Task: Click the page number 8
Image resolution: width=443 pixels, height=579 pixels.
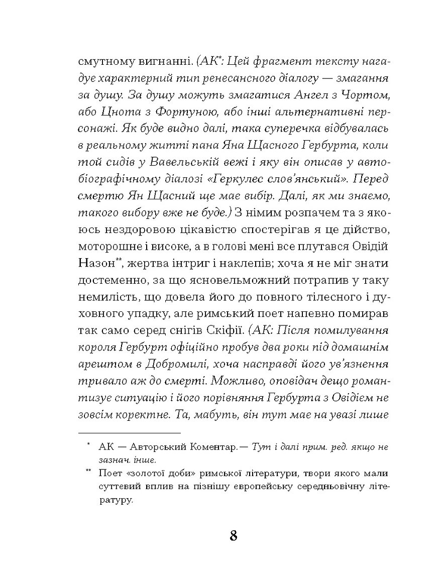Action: coord(233,535)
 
